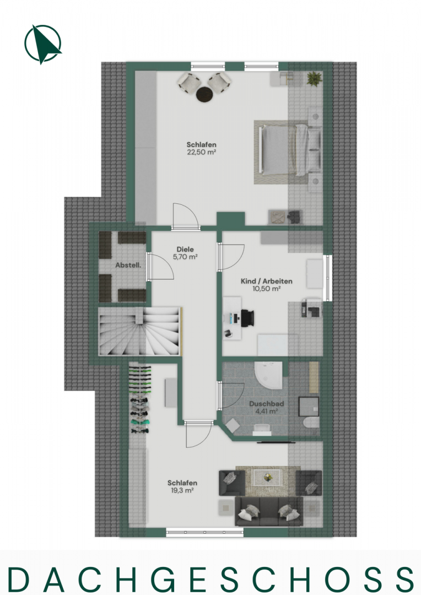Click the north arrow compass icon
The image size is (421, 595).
coord(43,44)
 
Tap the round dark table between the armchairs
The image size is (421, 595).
coord(204,94)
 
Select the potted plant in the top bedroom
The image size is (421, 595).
coord(315,79)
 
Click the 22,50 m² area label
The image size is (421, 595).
coord(201,152)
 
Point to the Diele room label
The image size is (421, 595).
coord(185,250)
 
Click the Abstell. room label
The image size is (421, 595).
coord(128,265)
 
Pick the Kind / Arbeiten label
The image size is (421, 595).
coord(267,281)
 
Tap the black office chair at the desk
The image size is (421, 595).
coord(247,317)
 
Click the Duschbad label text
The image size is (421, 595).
coord(267,404)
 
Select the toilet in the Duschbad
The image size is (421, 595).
coord(311,422)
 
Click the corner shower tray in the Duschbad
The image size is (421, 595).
coord(268,375)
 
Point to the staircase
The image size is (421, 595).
coord(139,331)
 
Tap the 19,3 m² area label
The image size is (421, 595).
coord(182,490)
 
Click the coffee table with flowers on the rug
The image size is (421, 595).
coord(268,477)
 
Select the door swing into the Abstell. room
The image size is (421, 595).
coord(160,267)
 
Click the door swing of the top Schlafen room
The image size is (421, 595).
coord(185,217)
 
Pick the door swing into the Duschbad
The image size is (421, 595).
coord(230,396)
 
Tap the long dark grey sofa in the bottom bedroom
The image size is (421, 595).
coord(269,511)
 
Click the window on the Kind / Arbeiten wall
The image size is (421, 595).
coord(328,278)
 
